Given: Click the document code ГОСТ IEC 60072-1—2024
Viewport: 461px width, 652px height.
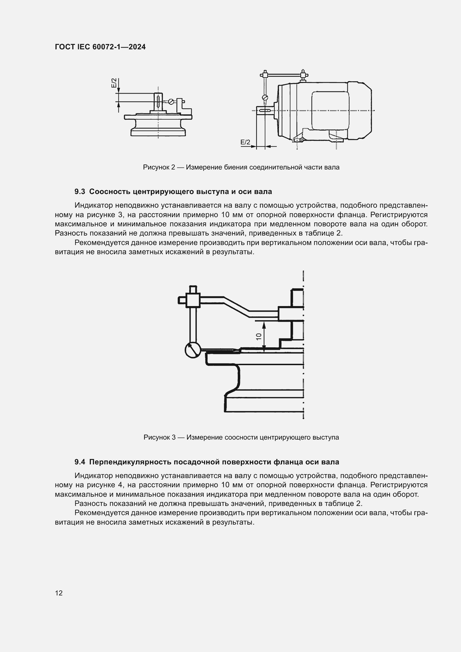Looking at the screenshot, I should point(100,47).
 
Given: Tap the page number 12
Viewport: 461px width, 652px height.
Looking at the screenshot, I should point(59,593).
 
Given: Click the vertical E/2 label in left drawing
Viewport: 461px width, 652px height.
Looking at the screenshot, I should point(114,83).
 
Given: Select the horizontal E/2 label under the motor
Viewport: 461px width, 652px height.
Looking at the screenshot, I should point(245,142).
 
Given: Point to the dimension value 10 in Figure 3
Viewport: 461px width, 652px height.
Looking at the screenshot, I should point(259,336).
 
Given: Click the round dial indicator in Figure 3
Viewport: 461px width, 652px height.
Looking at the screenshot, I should point(193,350).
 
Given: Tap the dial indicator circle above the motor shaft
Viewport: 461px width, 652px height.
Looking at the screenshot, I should point(265,97).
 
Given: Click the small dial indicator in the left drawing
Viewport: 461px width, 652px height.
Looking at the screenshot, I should point(171,101).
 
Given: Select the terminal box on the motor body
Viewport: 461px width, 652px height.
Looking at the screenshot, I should point(330,110).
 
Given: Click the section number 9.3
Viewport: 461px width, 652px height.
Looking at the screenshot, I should point(80,192).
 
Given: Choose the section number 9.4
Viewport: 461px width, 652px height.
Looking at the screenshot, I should point(80,462).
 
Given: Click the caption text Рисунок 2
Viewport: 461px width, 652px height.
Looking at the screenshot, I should point(159,167).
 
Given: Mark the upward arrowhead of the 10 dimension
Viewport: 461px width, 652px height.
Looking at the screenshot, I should point(264,324).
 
